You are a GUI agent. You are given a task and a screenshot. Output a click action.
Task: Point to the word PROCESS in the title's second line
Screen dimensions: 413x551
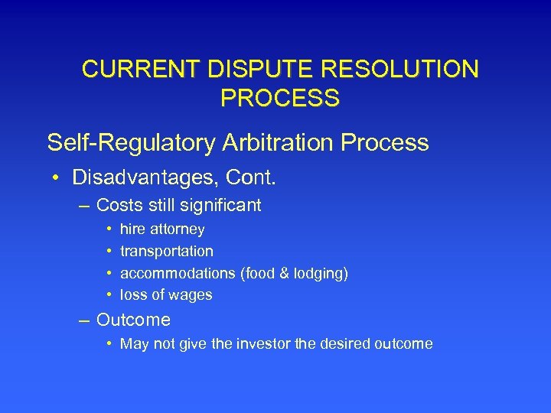click(x=279, y=98)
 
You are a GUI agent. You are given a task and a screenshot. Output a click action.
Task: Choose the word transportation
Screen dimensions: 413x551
click(x=167, y=251)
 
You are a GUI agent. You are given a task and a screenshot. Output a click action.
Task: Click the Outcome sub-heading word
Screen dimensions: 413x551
click(x=133, y=320)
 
